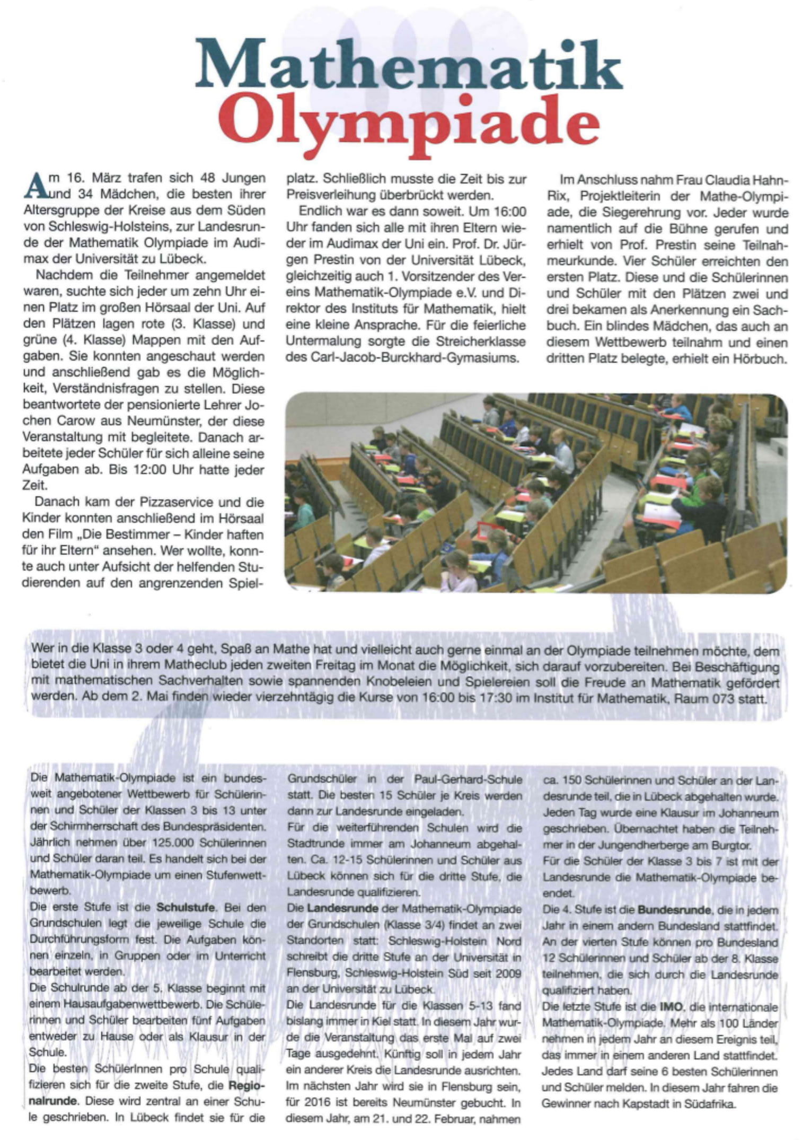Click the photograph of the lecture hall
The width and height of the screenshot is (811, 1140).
pyautogui.click(x=535, y=492)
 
